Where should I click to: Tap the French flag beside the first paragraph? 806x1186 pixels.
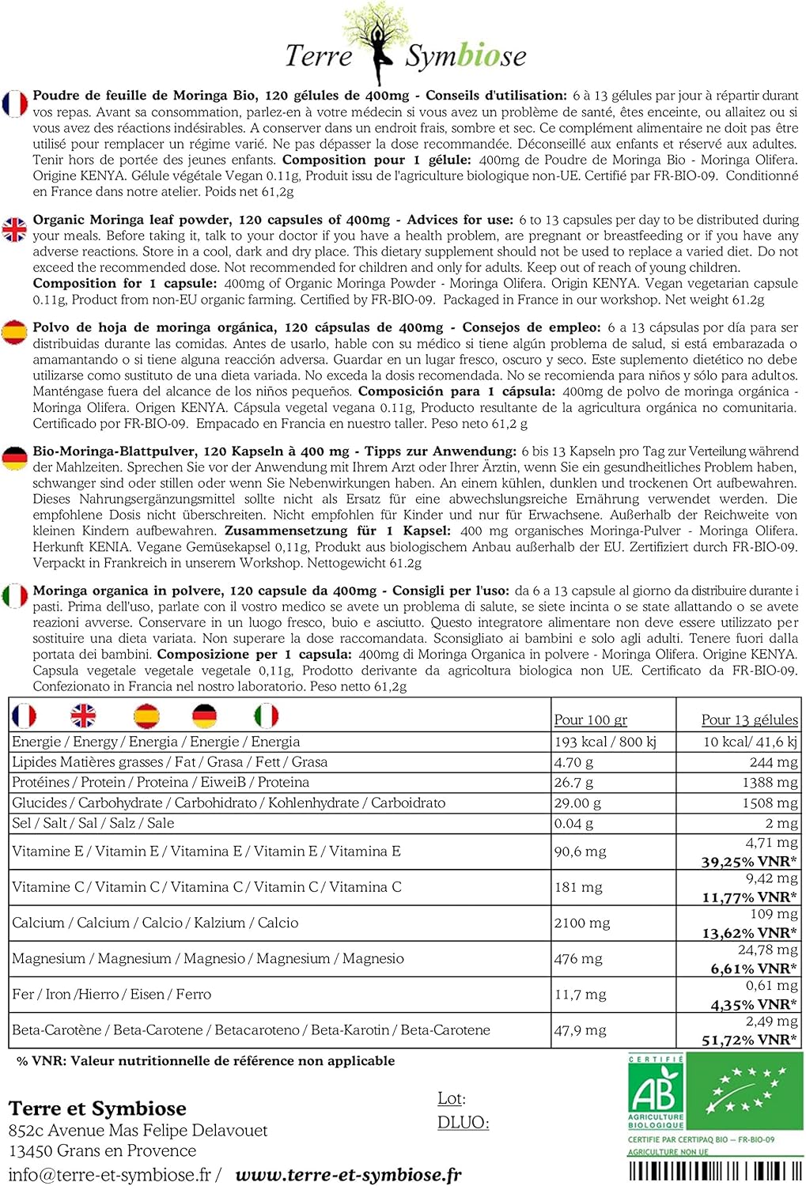tap(14, 104)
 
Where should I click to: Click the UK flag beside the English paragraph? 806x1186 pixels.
tap(14, 229)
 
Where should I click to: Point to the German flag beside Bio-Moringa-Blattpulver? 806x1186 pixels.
tap(14, 458)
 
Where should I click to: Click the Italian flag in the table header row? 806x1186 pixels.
tap(266, 716)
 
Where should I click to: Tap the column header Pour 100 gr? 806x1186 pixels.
tap(590, 720)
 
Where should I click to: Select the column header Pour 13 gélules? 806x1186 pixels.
tap(749, 720)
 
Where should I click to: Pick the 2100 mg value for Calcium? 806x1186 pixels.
tap(582, 923)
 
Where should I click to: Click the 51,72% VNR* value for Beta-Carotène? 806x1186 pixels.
tap(749, 1040)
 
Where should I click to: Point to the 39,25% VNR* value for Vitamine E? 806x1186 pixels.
tap(749, 861)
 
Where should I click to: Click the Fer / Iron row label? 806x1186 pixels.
tap(112, 994)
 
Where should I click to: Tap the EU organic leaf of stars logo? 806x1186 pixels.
tap(745, 1092)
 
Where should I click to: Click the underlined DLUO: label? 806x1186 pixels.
tap(463, 1123)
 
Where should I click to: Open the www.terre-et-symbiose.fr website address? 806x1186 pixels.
tap(348, 1175)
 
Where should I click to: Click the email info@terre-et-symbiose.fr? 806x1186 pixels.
tap(110, 1175)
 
